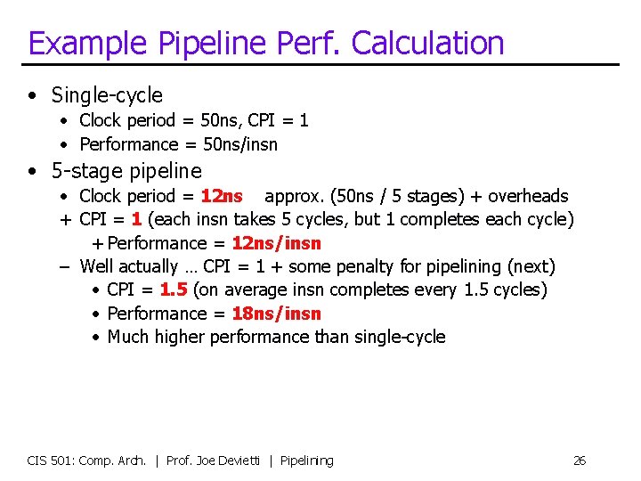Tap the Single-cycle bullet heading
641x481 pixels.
click(x=107, y=95)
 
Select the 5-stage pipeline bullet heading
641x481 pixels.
click(x=126, y=171)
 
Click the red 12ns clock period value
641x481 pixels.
click(x=222, y=196)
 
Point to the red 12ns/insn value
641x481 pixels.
click(x=276, y=243)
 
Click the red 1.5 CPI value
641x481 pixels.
click(x=173, y=289)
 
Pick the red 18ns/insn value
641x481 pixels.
click(x=276, y=314)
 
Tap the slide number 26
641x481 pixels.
click(x=579, y=461)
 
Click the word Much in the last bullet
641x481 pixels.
click(x=128, y=337)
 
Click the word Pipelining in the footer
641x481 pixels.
click(x=307, y=461)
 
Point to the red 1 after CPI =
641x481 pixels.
click(x=136, y=219)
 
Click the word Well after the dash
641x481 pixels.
click(x=98, y=266)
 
